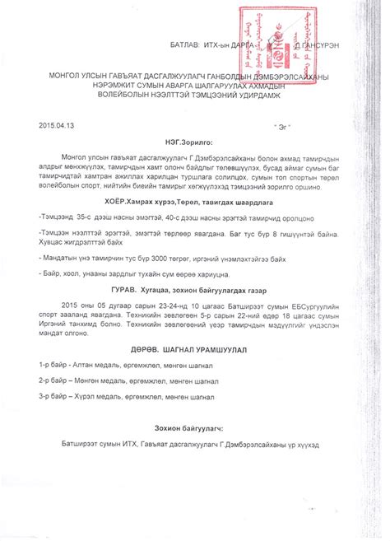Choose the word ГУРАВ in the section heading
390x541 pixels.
(x=126, y=291)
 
